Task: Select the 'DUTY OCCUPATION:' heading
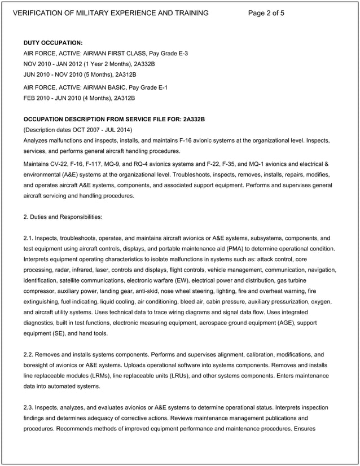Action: pyautogui.click(x=53, y=43)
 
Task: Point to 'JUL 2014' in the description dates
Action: pyautogui.click(x=119, y=129)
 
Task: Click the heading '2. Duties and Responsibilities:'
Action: pyautogui.click(x=63, y=217)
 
